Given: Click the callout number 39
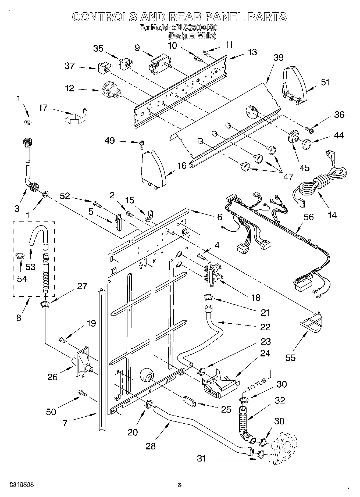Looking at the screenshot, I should pyautogui.click(x=278, y=58).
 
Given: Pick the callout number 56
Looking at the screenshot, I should pyautogui.click(x=308, y=217).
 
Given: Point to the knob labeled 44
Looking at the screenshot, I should pyautogui.click(x=306, y=144).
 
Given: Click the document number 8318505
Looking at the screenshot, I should pyautogui.click(x=22, y=485).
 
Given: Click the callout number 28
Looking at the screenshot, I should pyautogui.click(x=150, y=446).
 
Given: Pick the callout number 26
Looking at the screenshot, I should pyautogui.click(x=52, y=377).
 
